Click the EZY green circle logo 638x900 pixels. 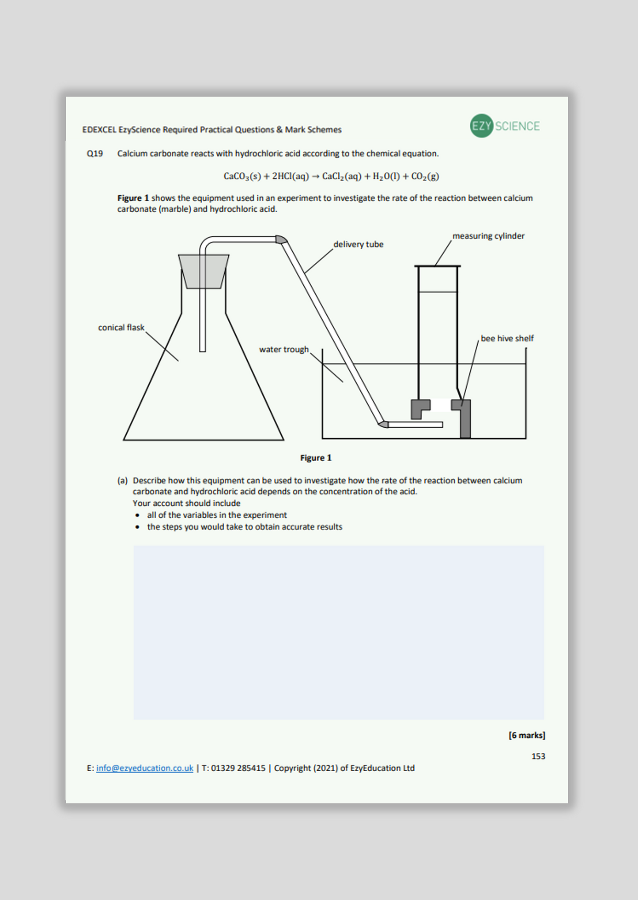click(x=481, y=126)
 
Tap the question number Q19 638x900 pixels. click(x=95, y=154)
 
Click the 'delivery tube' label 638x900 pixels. click(x=358, y=244)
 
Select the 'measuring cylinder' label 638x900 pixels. click(x=488, y=236)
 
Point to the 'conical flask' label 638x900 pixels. click(x=121, y=328)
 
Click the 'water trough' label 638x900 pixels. click(x=283, y=350)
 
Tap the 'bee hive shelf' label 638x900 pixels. click(x=507, y=339)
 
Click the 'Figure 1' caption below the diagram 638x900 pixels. click(x=316, y=458)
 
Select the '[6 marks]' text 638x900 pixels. click(x=527, y=735)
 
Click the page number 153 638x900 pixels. click(x=538, y=756)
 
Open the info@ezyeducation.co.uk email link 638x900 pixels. click(x=144, y=768)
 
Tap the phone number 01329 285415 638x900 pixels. click(x=238, y=768)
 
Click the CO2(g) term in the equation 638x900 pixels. click(x=425, y=176)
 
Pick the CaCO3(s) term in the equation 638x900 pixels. click(x=242, y=176)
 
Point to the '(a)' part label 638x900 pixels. click(x=122, y=481)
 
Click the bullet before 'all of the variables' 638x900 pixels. click(x=138, y=515)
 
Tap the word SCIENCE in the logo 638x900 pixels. click(x=517, y=127)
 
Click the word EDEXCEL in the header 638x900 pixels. click(x=99, y=130)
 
